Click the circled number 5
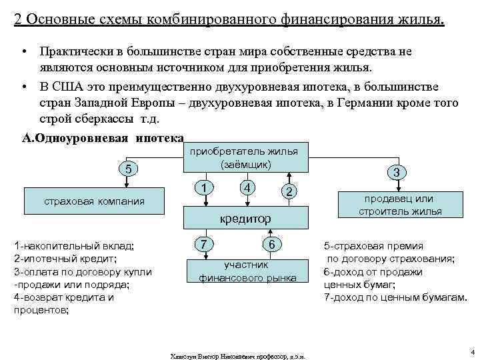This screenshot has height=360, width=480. pos(129,169)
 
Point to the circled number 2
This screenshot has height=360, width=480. pos(288,192)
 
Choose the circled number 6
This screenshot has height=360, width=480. pos(272,245)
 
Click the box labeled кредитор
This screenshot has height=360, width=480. pos(247,218)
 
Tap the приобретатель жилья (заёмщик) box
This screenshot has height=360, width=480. pos(246,158)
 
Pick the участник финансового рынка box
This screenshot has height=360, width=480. pos(247,271)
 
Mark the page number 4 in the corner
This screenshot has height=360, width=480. pos(471,351)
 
